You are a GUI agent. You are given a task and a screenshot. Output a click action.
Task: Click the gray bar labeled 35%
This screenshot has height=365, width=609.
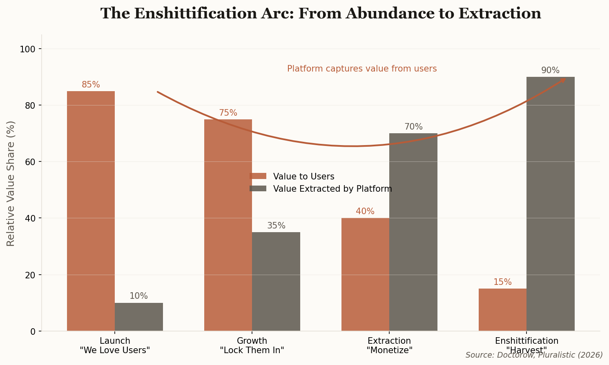coord(276,282)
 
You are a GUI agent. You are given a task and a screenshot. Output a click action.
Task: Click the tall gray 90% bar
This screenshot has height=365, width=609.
coord(550,204)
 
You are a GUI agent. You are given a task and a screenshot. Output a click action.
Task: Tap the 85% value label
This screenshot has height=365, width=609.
coord(91,85)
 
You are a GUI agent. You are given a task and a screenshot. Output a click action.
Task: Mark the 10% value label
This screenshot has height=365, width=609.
coord(139,296)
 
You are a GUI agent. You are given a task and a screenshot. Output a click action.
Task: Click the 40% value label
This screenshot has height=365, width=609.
coord(365,212)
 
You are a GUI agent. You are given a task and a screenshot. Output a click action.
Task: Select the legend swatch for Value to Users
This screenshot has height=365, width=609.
coord(258,176)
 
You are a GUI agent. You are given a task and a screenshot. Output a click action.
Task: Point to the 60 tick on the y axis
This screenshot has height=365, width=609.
coord(31,162)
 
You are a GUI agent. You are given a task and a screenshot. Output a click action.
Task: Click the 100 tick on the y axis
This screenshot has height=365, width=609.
coord(28,49)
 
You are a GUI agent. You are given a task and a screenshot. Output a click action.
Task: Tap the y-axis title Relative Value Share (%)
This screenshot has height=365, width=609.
coord(11,183)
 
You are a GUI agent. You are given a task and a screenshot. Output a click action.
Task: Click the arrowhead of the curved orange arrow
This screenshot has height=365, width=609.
coord(563,80)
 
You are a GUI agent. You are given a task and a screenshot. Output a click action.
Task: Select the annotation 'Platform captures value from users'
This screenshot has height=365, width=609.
coord(362,69)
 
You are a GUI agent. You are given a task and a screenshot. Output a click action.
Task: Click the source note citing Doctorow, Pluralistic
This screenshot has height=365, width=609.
coord(534,355)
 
